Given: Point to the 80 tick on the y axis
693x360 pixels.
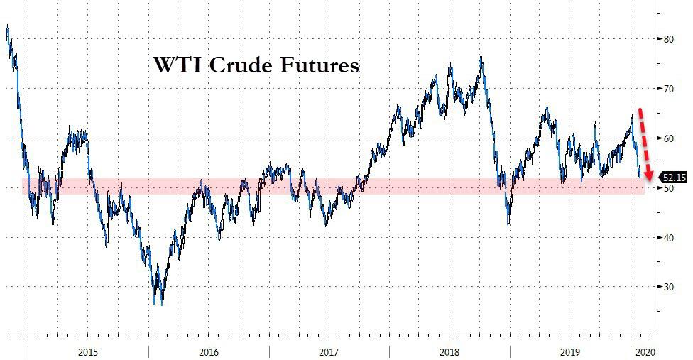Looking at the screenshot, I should [x=669, y=39].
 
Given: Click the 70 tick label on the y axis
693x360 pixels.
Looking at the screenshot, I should [x=669, y=89].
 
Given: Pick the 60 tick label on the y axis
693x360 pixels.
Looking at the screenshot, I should [x=669, y=138].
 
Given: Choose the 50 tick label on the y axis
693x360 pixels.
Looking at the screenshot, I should [x=669, y=188].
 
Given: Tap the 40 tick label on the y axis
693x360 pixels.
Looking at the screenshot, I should [x=669, y=238].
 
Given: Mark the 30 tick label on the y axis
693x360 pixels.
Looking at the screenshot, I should [x=669, y=287].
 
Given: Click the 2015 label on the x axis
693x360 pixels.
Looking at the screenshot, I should [x=88, y=351].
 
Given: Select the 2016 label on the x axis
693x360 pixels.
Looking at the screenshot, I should [x=209, y=351].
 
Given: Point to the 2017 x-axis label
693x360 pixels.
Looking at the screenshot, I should [x=329, y=351].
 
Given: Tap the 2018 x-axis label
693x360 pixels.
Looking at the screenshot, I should [x=449, y=351].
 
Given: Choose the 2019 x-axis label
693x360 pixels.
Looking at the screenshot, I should [x=569, y=351].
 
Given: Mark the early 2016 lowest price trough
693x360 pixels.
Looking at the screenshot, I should [x=155, y=304].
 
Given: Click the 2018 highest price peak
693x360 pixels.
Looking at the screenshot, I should [x=481, y=56].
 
